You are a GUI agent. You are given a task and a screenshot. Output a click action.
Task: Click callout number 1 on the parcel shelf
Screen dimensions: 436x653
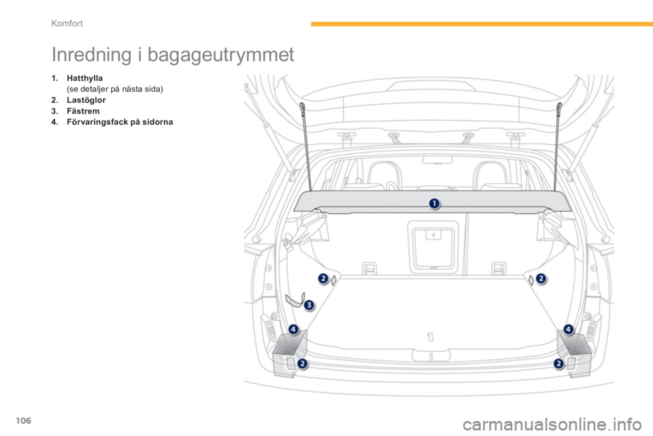(433, 203)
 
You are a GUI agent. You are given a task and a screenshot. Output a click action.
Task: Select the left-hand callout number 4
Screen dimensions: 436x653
(293, 330)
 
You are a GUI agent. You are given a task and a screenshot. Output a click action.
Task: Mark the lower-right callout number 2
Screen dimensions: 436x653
(559, 364)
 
